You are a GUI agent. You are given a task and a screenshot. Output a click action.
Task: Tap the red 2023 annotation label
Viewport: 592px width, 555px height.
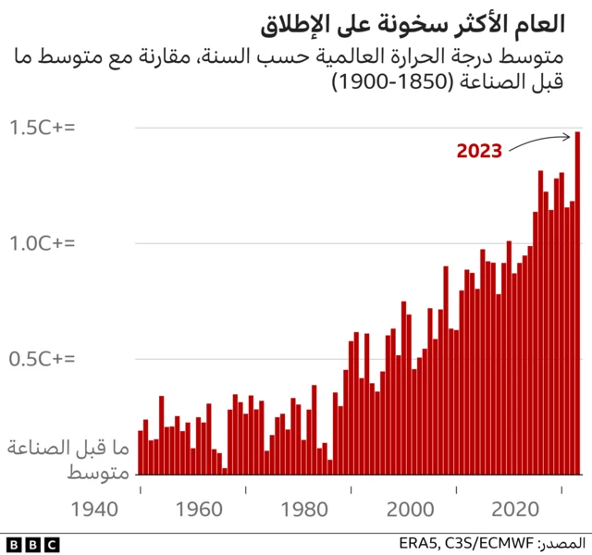tap(479, 150)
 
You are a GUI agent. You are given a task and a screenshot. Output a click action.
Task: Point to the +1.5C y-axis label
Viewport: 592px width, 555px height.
tap(42, 128)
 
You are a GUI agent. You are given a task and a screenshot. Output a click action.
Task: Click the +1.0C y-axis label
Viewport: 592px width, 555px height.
tap(42, 243)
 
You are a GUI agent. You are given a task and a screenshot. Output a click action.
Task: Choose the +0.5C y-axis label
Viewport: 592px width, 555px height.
tap(42, 359)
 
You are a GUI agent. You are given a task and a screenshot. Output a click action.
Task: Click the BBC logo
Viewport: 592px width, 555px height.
tap(31, 543)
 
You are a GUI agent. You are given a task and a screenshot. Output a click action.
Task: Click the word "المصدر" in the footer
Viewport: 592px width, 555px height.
tap(561, 542)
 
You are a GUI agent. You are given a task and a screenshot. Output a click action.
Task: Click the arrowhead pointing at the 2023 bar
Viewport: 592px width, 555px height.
tap(571, 138)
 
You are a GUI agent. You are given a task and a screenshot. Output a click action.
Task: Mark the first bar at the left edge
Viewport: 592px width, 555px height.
tap(141, 452)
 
